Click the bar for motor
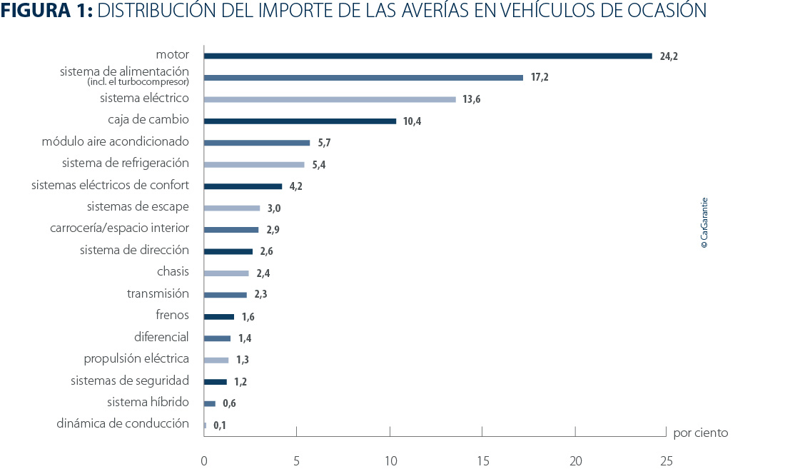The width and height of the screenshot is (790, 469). coord(427,56)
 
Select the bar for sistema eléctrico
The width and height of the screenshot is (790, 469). coord(330,99)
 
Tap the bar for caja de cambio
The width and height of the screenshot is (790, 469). coord(300,121)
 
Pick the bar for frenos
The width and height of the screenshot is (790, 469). coord(218,317)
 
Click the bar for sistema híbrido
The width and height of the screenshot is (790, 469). coord(209,403)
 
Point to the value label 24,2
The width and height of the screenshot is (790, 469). coord(669,56)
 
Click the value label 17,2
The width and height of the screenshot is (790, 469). coord(540,77)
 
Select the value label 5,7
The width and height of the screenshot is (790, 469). coord(324,143)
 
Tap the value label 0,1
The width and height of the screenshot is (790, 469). coord(219,426)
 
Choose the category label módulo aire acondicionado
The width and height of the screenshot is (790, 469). coord(115,141)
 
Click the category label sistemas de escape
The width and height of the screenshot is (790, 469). coord(138,206)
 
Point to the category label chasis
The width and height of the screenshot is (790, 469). coord(173,271)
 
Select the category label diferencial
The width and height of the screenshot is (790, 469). coord(161,336)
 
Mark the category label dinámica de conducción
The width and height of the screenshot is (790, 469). coord(123,423)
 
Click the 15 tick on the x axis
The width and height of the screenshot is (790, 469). coord(482,462)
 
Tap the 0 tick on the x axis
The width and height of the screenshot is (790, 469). coord(204,462)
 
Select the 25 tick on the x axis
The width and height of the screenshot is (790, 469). coord(666,462)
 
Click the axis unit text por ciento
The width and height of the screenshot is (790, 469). coord(700,433)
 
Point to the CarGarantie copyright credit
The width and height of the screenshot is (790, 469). coord(704,223)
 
